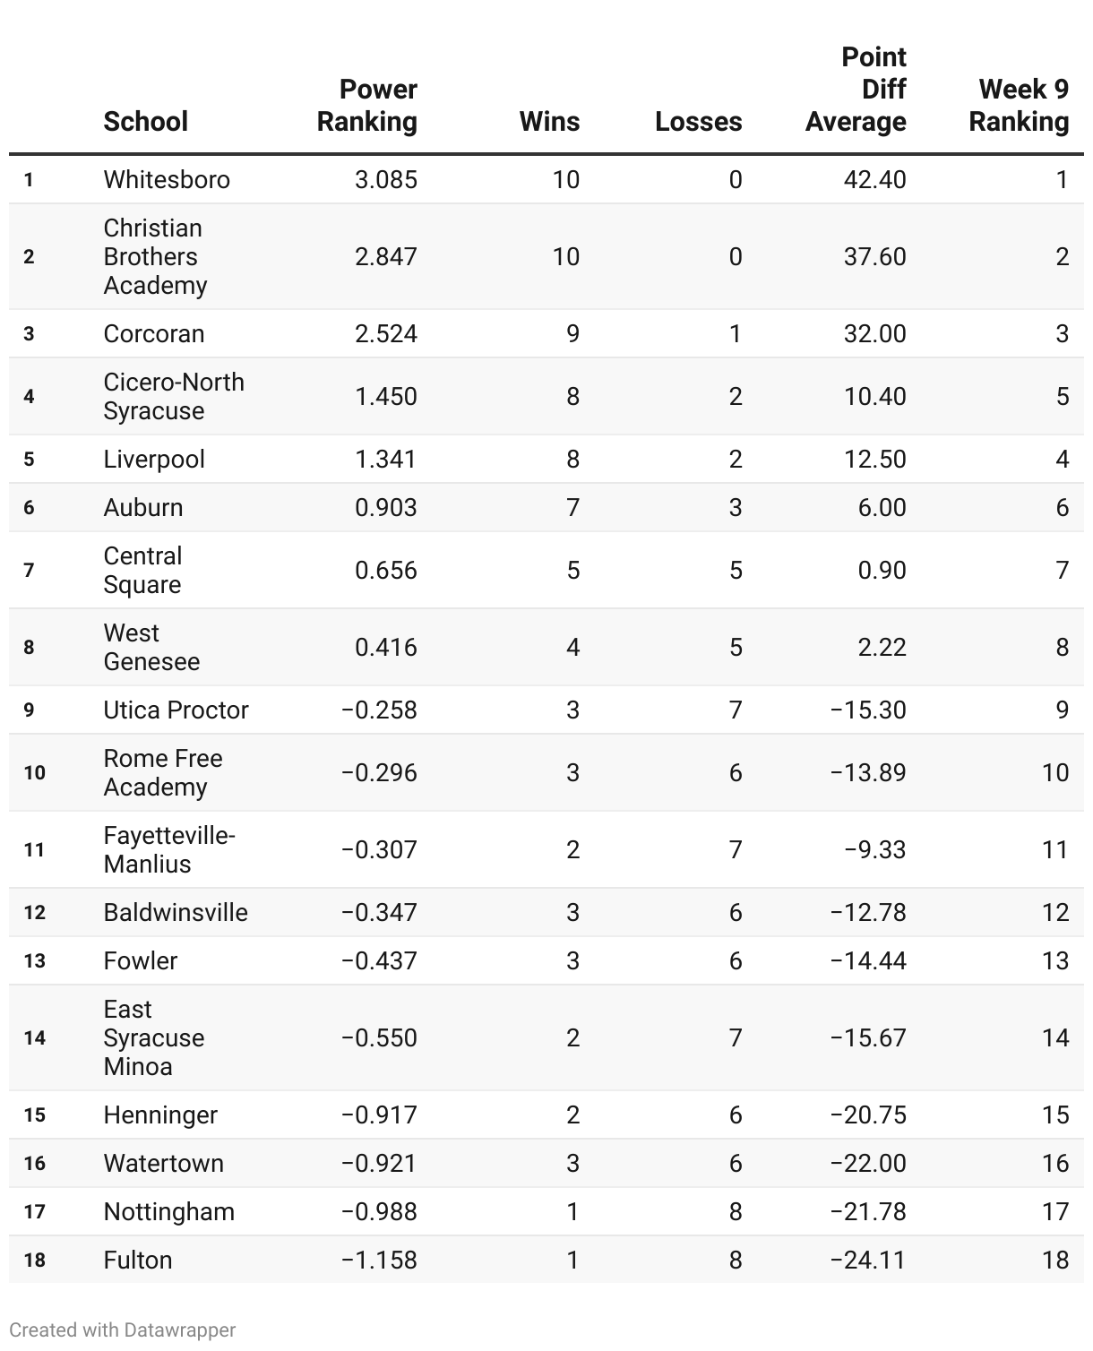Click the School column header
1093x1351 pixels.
[x=145, y=122]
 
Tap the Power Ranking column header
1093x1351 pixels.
[x=367, y=106]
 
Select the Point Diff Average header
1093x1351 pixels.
[x=856, y=90]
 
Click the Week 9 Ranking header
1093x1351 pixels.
[x=1019, y=106]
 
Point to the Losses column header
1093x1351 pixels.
[x=698, y=122]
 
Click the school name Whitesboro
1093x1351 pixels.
[x=167, y=180]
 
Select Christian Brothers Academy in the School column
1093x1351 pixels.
[x=155, y=257]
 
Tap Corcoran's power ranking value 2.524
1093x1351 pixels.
[x=385, y=334]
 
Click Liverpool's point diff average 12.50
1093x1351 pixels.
[x=874, y=460]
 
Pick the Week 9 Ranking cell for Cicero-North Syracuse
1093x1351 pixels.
[x=1062, y=397]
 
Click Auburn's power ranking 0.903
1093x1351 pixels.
[x=385, y=508]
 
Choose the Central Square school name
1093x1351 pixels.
[x=142, y=571]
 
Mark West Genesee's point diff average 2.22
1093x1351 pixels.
[x=882, y=648]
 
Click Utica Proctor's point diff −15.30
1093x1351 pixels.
[x=867, y=710]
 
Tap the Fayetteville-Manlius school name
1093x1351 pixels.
[x=168, y=850]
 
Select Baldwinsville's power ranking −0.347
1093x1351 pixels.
[x=379, y=913]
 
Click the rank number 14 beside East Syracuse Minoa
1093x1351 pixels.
[x=34, y=1038]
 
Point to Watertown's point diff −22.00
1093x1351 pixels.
[x=867, y=1164]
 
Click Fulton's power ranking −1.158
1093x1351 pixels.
[x=379, y=1261]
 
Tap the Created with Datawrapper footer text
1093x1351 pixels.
[x=123, y=1330]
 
